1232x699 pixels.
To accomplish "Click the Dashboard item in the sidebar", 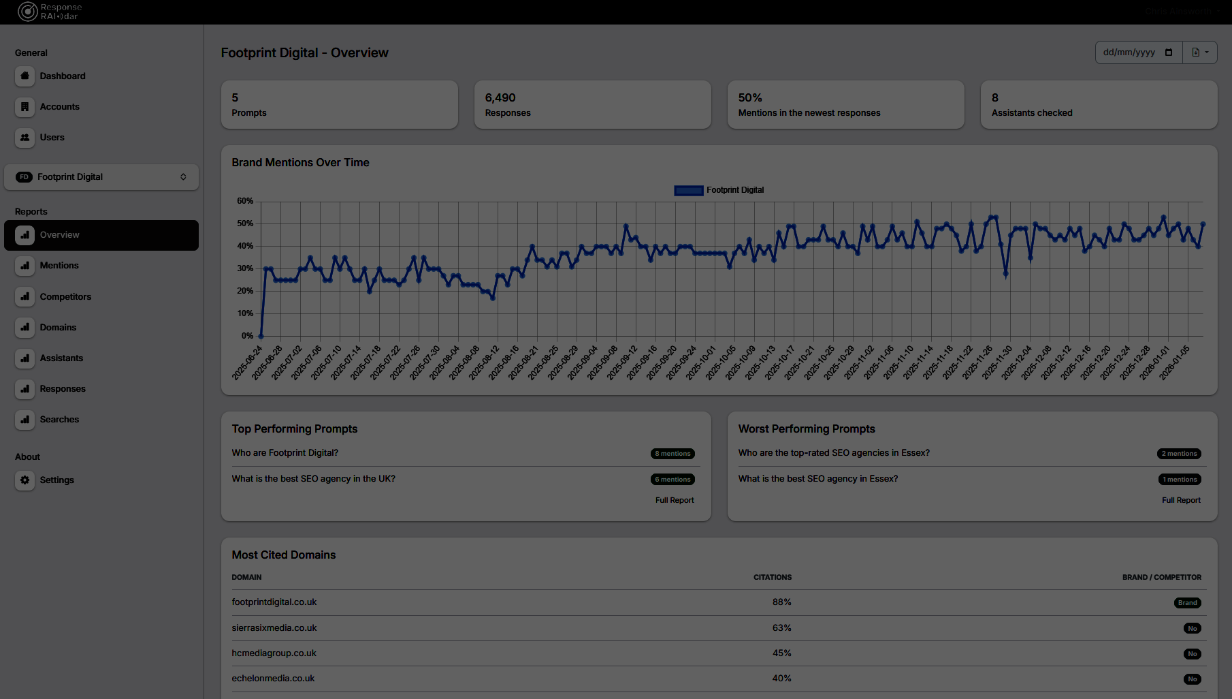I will click(x=62, y=76).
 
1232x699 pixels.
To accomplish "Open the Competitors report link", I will click(x=65, y=297).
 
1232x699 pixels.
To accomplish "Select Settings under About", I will click(x=56, y=480).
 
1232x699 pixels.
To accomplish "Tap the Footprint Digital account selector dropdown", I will click(x=101, y=177).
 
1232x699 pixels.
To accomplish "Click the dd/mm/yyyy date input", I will click(x=1130, y=52).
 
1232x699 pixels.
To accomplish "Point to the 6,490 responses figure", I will click(x=500, y=98).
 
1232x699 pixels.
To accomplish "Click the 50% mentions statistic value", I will click(x=750, y=98).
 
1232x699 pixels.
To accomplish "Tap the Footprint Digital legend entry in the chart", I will click(x=719, y=191).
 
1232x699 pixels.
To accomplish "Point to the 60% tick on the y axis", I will click(x=245, y=201).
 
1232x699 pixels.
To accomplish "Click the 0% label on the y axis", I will click(x=247, y=336).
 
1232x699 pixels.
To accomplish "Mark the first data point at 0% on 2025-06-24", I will click(x=261, y=336).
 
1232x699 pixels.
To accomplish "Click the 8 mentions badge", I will click(x=672, y=454).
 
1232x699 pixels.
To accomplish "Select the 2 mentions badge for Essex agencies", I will click(x=1179, y=454).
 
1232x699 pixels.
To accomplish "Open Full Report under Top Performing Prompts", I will click(x=675, y=500).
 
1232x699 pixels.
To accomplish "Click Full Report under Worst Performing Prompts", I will click(x=1181, y=500).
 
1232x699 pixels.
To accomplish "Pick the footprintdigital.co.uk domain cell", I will click(x=274, y=602).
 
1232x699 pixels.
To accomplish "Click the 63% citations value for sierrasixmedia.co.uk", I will click(x=781, y=628).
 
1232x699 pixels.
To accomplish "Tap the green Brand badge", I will click(x=1187, y=603).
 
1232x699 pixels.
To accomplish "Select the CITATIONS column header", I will click(x=773, y=577).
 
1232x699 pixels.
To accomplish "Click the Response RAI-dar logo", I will click(x=49, y=12).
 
